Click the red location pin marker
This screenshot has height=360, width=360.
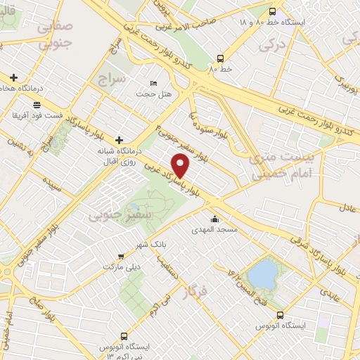pyautogui.click(x=181, y=166)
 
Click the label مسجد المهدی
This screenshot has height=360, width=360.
pyautogui.click(x=216, y=229)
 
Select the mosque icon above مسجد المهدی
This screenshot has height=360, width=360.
pyautogui.click(x=214, y=219)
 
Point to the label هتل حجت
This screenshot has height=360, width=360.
pyautogui.click(x=148, y=94)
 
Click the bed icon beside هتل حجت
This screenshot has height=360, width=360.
pyautogui.click(x=153, y=84)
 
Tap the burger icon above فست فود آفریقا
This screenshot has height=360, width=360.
pyautogui.click(x=36, y=104)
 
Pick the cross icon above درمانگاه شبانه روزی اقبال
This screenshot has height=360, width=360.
pyautogui.click(x=119, y=141)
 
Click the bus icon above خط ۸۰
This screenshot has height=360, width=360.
pyautogui.click(x=221, y=59)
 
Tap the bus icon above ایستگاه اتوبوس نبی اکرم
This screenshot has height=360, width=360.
pyautogui.click(x=124, y=337)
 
